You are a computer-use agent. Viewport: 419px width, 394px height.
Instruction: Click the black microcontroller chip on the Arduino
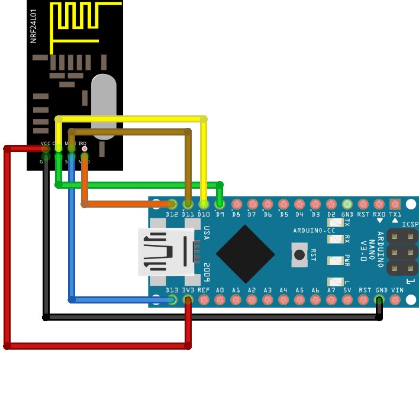(245, 253)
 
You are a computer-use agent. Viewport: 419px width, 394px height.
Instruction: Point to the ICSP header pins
(402, 252)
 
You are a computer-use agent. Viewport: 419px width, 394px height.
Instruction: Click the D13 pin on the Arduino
(172, 299)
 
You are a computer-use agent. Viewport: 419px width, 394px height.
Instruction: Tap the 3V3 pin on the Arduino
(188, 299)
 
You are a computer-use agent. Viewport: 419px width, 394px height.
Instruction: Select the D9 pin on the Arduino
(220, 204)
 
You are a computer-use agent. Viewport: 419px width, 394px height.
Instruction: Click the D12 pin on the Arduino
(172, 204)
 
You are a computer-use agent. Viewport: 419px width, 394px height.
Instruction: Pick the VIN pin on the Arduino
(395, 299)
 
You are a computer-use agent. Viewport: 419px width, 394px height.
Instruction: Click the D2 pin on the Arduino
(331, 204)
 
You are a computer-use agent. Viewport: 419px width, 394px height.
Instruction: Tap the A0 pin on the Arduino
(220, 299)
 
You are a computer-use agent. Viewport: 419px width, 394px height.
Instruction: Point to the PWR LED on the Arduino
(336, 260)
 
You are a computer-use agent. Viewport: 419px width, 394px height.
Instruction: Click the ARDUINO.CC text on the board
(314, 230)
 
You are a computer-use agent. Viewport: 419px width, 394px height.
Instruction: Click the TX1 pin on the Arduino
(395, 204)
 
